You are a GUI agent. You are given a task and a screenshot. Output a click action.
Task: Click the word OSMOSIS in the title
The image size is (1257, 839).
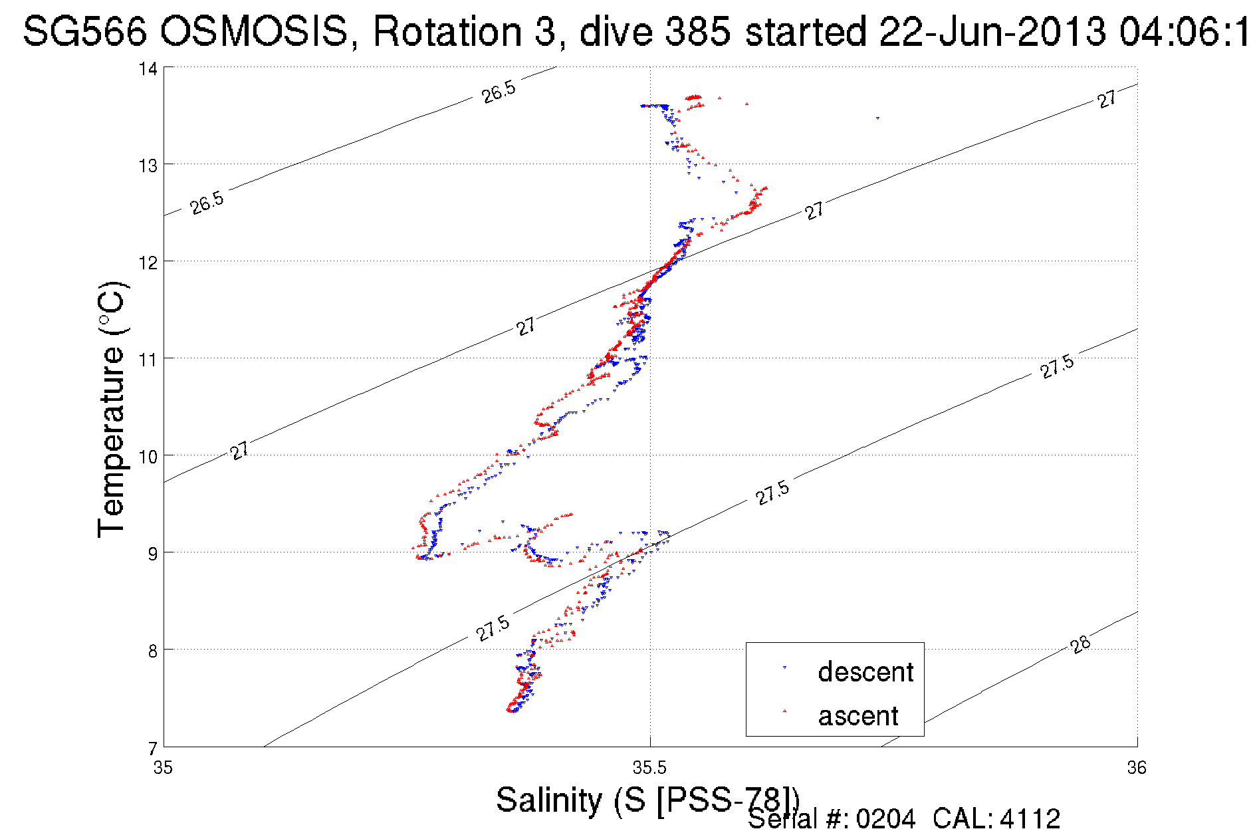tap(253, 31)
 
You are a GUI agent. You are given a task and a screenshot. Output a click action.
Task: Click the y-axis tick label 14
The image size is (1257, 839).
tap(148, 68)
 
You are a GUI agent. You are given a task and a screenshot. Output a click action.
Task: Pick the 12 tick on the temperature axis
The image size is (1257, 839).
tap(148, 263)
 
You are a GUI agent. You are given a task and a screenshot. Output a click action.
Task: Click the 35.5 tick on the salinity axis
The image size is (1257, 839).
tap(649, 769)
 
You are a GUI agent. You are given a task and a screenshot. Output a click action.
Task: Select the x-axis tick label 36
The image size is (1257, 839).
tap(1137, 769)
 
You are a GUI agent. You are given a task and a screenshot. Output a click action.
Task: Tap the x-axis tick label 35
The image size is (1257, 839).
tap(163, 769)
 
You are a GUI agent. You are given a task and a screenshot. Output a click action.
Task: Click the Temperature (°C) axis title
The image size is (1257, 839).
tap(111, 410)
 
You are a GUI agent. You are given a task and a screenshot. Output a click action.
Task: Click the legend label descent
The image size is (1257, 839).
tap(865, 672)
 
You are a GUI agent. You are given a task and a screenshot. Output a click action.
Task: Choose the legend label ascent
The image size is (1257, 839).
tap(858, 716)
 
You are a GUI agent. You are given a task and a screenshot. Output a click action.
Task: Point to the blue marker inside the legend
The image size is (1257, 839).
tap(784, 667)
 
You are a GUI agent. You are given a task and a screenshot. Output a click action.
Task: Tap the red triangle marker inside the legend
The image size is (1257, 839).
tap(784, 711)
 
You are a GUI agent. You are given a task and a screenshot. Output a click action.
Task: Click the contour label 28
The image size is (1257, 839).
tap(1081, 644)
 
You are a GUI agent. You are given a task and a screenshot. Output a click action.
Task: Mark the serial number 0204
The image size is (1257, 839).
tap(885, 819)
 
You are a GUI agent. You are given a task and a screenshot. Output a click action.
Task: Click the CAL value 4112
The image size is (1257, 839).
tap(1030, 819)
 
